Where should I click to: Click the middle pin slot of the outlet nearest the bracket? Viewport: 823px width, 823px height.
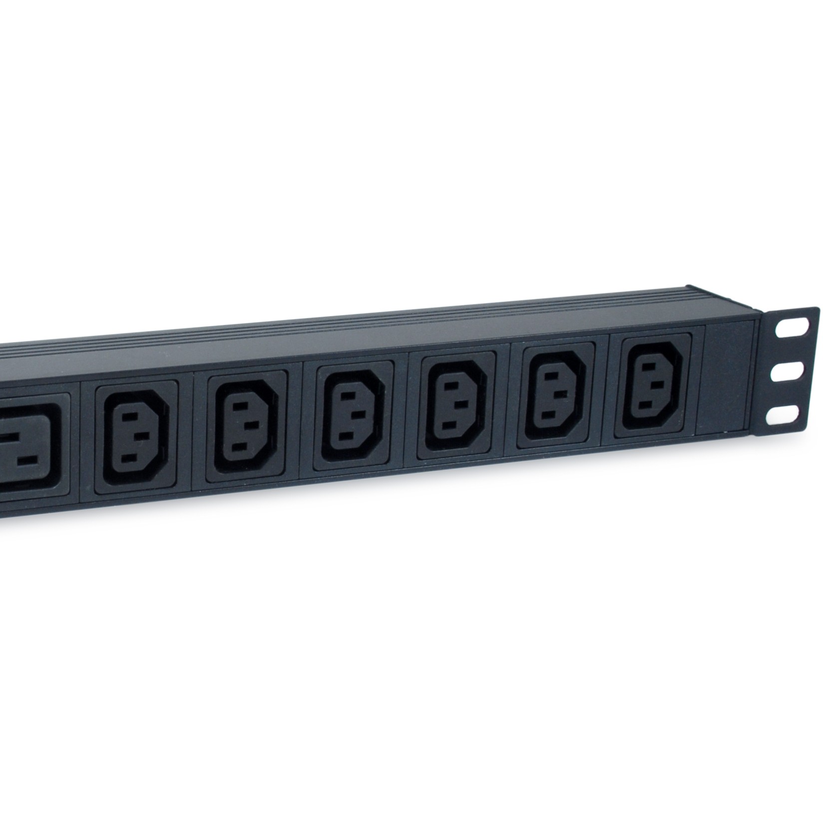(658, 385)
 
